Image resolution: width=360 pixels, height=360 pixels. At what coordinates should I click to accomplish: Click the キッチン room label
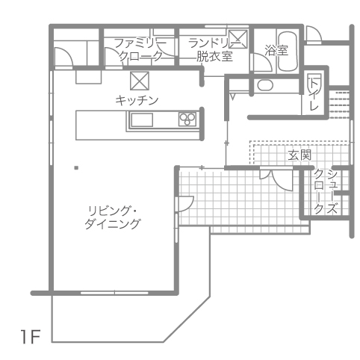click(x=137, y=101)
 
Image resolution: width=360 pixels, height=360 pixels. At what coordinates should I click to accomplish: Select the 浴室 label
click(x=276, y=51)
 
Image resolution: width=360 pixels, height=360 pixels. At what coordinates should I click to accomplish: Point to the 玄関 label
click(x=300, y=155)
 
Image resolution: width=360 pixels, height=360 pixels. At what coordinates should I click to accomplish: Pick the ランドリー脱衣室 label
click(x=214, y=50)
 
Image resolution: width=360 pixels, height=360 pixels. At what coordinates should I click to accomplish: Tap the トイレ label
click(x=314, y=94)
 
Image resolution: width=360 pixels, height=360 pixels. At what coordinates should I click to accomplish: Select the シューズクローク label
click(x=326, y=192)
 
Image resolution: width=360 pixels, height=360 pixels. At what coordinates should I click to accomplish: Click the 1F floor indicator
click(x=31, y=337)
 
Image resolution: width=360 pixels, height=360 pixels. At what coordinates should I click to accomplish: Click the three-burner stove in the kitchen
click(x=187, y=120)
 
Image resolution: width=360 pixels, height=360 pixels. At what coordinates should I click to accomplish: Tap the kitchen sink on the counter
click(x=142, y=120)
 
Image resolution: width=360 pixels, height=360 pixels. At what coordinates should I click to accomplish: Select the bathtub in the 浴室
click(x=288, y=52)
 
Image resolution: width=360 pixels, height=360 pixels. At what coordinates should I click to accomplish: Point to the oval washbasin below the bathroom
click(x=265, y=85)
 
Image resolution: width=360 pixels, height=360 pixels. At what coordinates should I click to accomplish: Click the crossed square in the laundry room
click(x=238, y=39)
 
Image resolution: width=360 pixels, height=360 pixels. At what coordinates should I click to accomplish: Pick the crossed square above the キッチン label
click(x=140, y=81)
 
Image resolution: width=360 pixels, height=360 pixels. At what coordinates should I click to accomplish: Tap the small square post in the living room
click(x=76, y=168)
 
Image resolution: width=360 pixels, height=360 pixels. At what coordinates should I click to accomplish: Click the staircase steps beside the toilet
click(x=339, y=105)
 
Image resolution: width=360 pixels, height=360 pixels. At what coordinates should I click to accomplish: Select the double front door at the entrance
click(x=276, y=179)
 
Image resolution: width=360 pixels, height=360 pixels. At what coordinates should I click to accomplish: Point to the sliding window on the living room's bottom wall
click(x=114, y=293)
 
